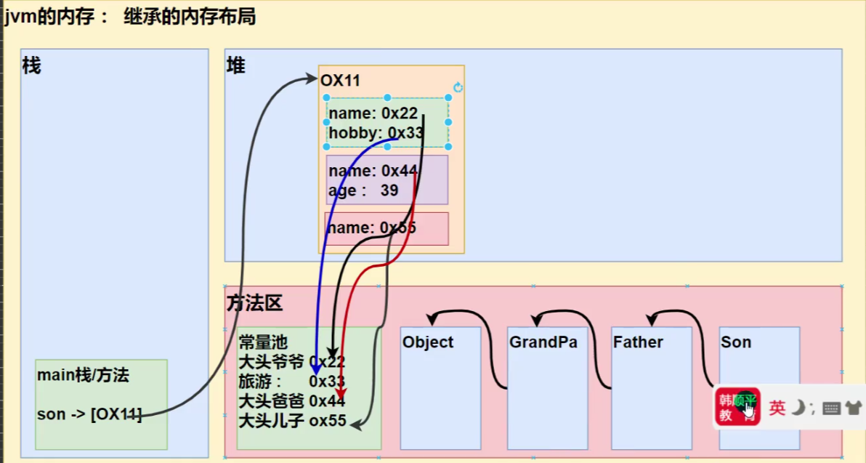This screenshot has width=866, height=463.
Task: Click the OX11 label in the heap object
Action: click(340, 81)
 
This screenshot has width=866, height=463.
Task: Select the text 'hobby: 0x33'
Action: click(375, 133)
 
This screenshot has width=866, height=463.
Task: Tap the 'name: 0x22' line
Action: click(373, 113)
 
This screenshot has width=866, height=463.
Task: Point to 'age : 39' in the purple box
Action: click(363, 190)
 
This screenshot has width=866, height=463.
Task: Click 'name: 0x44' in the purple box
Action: click(373, 172)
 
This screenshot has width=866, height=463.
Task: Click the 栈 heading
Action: click(32, 66)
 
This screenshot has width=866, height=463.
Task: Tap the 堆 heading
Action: click(236, 66)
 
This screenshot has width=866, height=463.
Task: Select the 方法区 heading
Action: click(254, 304)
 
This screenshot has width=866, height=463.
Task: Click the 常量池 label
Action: click(263, 342)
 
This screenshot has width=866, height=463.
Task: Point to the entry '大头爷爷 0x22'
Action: click(291, 362)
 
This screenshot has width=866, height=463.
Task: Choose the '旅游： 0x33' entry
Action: click(291, 382)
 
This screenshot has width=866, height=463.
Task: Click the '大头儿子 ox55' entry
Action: click(292, 421)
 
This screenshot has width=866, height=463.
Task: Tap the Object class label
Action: click(428, 342)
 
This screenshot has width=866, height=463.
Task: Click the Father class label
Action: click(638, 342)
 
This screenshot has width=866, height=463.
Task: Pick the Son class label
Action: click(736, 342)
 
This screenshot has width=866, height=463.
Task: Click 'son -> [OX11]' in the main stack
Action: click(89, 415)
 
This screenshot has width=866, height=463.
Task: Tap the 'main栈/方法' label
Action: click(82, 376)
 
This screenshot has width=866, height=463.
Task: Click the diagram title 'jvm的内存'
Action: click(50, 17)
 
